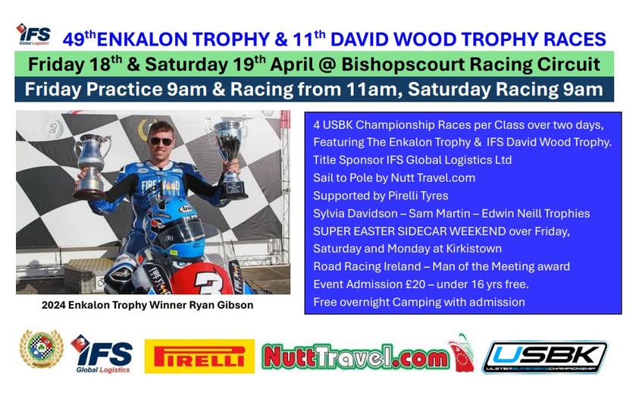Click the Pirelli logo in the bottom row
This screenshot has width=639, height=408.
tap(199, 356)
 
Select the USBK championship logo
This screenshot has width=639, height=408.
tap(545, 357)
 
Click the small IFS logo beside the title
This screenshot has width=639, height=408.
tap(33, 34)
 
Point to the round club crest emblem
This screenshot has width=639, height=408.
tap(41, 349)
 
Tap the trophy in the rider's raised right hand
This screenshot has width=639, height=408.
tap(91, 165)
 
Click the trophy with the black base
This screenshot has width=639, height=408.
tap(230, 158)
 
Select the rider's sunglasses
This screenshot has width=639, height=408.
tap(161, 141)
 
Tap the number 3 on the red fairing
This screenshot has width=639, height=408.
tap(208, 282)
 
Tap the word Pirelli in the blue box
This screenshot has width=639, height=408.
tap(391, 196)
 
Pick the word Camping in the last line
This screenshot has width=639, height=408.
tap(441, 303)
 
